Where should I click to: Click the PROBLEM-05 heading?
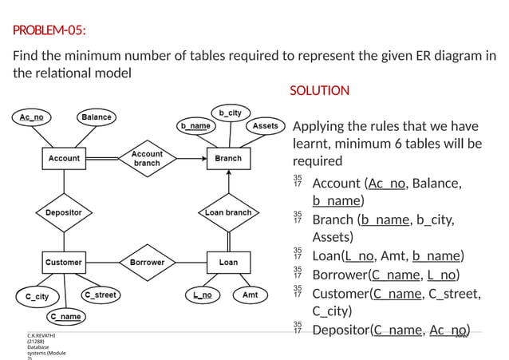pos(49,31)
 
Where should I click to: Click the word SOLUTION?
pos(319,90)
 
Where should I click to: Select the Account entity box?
pos(64,158)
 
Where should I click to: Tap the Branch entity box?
pos(228,158)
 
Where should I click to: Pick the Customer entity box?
pos(63,262)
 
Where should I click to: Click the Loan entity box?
pos(228,262)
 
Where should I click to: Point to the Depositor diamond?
pos(64,212)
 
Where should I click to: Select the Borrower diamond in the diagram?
pos(147,262)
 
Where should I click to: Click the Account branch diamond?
pos(147,158)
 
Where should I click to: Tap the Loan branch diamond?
pos(228,212)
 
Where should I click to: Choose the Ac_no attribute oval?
pos(32,117)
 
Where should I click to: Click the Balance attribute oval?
pos(97,117)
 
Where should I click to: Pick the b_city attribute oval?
pos(230,113)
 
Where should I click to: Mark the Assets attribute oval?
pos(265,126)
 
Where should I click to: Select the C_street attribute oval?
pos(101,295)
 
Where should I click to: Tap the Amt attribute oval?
pos(250,295)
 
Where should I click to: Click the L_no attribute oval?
pos(203,295)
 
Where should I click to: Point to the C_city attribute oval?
pos(37,297)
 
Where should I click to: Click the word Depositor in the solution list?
pos(341,330)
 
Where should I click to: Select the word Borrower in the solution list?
pos(340,275)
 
